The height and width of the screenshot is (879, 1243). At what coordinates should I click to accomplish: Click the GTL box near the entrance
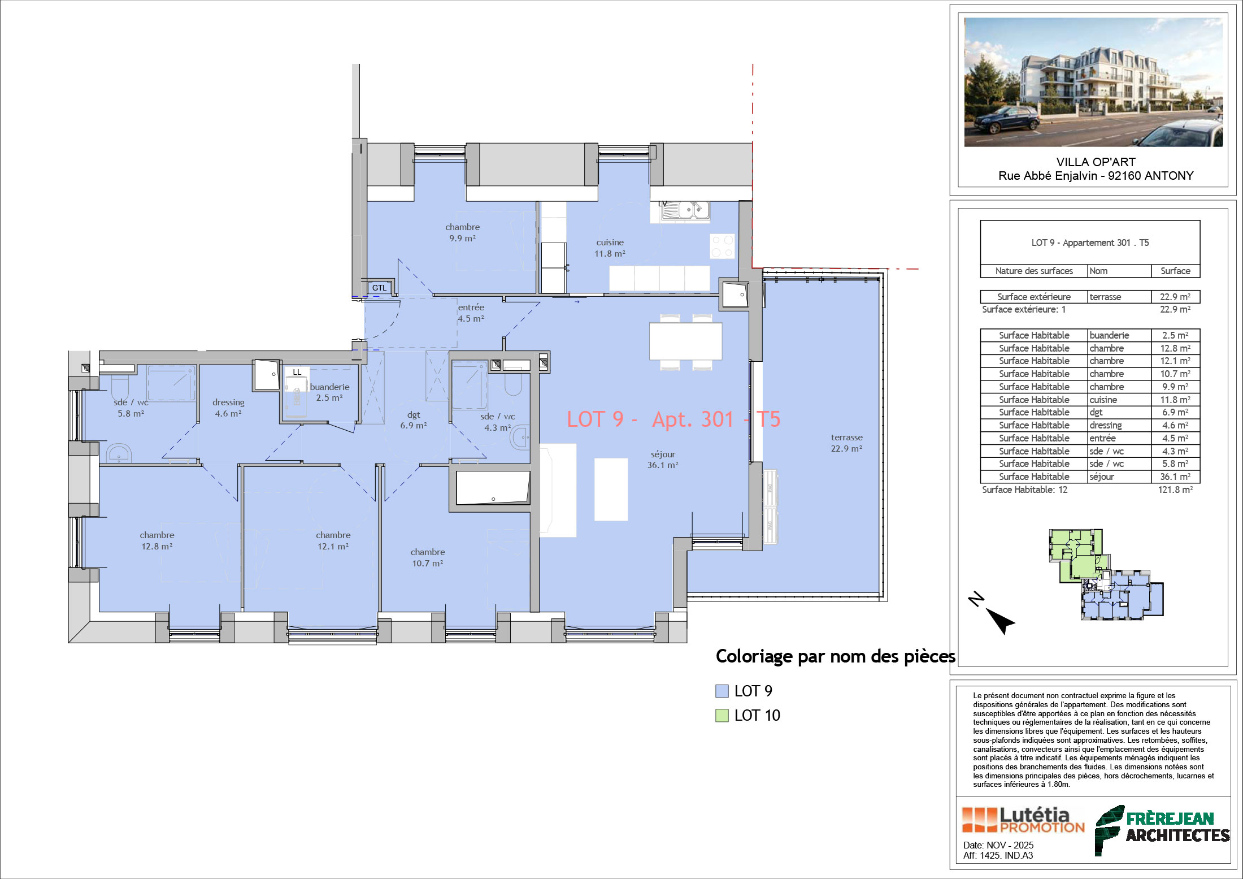click(379, 288)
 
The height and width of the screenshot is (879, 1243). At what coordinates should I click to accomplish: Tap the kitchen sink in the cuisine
click(686, 211)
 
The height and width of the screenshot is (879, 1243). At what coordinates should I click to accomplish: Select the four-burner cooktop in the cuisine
click(722, 246)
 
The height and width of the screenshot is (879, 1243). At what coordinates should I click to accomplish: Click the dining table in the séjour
click(685, 341)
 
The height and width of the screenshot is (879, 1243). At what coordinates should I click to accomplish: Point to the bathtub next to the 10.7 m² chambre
click(493, 487)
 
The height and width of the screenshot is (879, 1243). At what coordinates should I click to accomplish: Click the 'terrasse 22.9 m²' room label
click(846, 443)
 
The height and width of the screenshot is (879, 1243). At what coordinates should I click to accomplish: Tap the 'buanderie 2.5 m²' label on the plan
click(329, 392)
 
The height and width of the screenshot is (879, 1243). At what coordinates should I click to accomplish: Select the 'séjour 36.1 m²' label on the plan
click(663, 460)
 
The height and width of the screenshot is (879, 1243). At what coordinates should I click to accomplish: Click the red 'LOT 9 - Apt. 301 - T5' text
click(673, 419)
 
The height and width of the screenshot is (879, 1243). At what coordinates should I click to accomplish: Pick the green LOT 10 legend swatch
click(722, 716)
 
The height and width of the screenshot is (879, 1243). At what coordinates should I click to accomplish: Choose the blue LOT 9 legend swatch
click(722, 691)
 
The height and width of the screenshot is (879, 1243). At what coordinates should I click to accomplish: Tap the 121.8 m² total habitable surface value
click(1175, 490)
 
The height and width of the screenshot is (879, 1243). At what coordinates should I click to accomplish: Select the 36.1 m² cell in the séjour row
click(1175, 477)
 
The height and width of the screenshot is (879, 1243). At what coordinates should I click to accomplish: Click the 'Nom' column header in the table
click(1098, 271)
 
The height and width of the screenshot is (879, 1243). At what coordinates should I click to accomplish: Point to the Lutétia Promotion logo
click(1023, 820)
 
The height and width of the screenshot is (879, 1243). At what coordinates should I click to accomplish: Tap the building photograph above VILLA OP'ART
click(1094, 83)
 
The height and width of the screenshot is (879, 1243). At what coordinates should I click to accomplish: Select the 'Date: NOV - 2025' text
click(998, 845)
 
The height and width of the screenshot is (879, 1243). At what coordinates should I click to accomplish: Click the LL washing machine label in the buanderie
click(297, 372)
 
